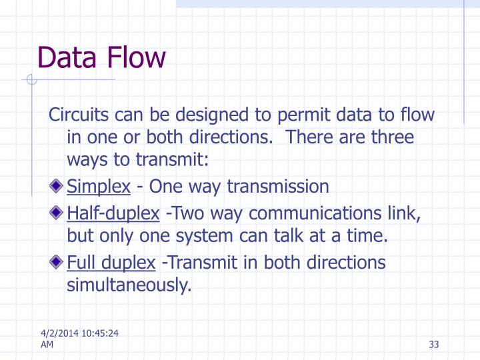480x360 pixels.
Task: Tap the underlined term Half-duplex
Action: [x=113, y=213]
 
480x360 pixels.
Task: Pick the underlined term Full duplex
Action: [x=111, y=262]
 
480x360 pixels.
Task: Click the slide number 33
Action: [x=435, y=345]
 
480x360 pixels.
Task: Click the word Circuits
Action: [x=76, y=115]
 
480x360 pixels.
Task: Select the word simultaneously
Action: [x=129, y=286]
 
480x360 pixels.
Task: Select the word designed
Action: [x=209, y=115]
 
